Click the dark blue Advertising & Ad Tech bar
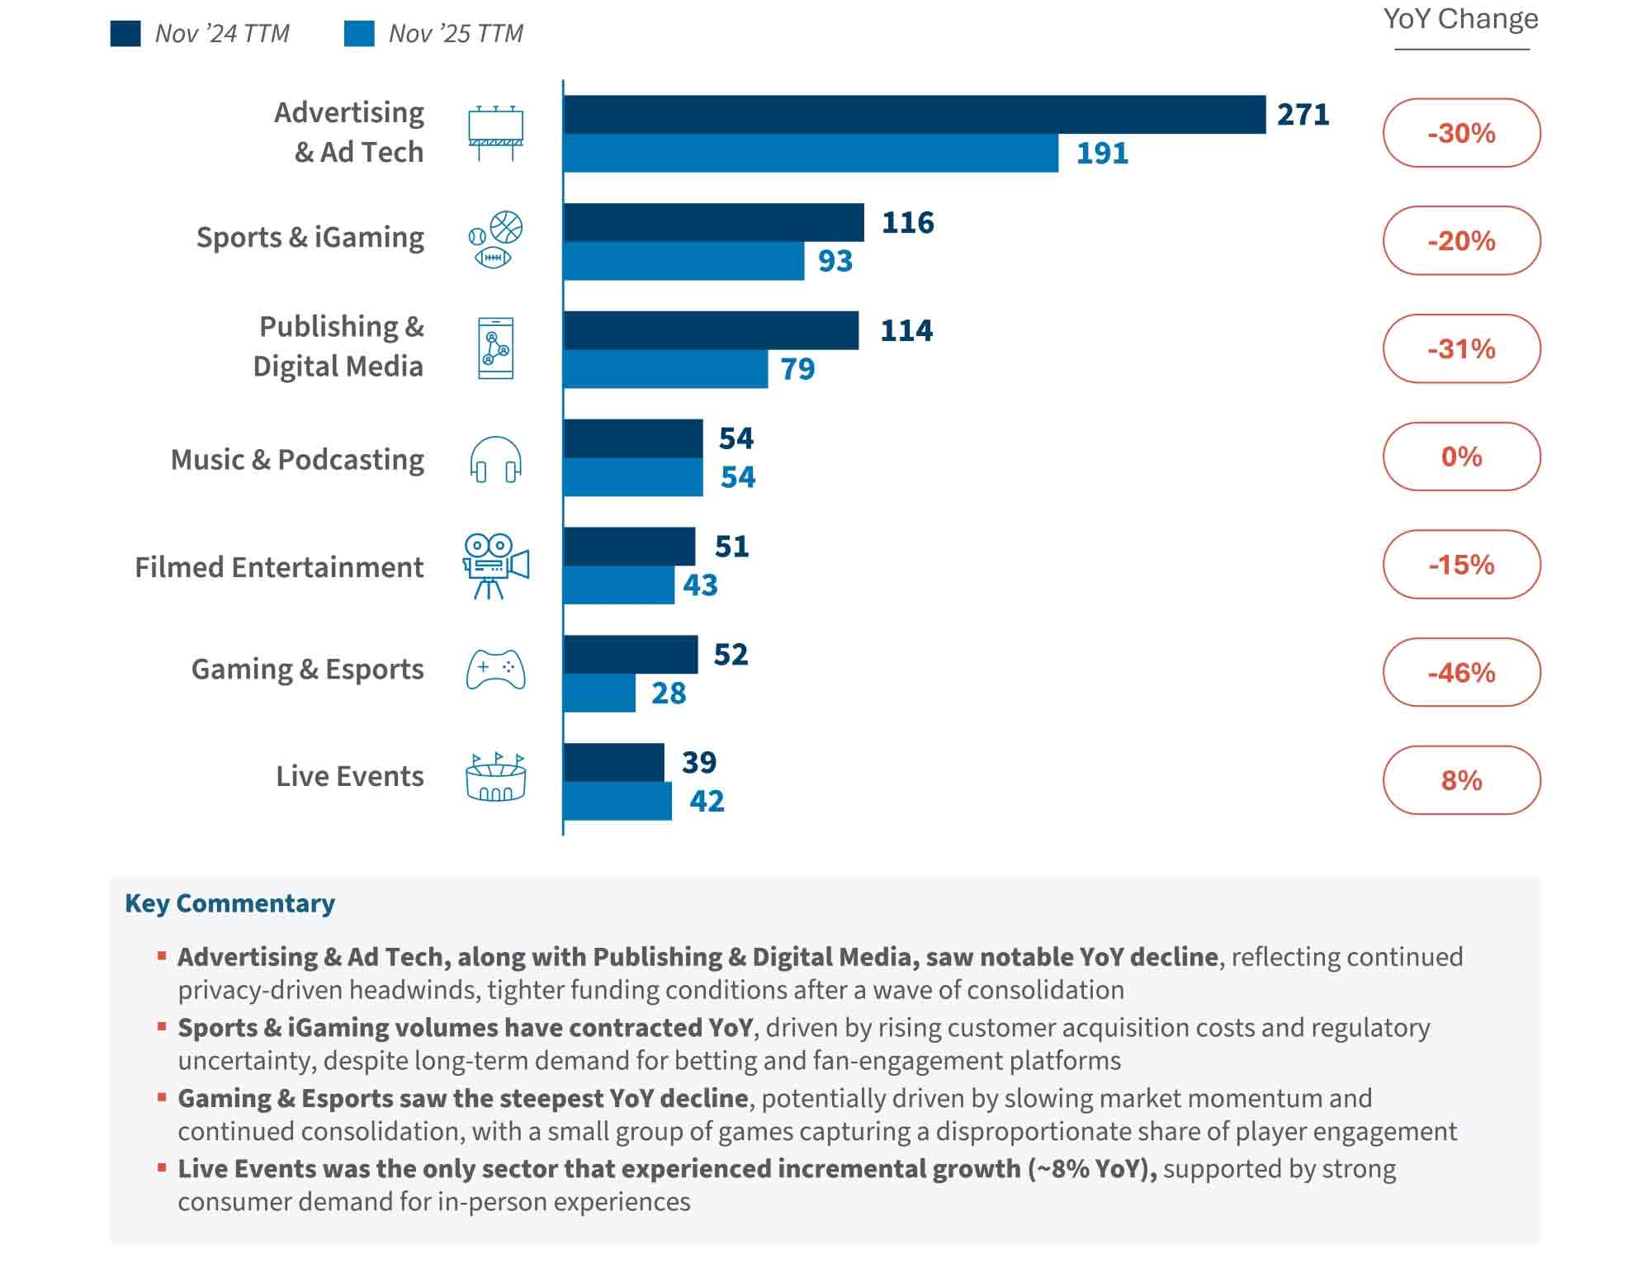[914, 115]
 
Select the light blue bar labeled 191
[811, 154]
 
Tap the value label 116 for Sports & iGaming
[907, 223]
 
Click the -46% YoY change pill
[1461, 672]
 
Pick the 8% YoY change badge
[1461, 780]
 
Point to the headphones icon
[495, 460]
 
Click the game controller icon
[495, 670]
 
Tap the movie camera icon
[494, 566]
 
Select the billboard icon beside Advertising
[495, 133]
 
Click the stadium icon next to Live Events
[495, 778]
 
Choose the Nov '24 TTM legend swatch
[125, 34]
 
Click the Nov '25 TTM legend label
[456, 34]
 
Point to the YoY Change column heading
[1460, 19]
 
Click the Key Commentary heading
[229, 903]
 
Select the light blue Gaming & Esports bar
[599, 693]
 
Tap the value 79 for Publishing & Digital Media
[797, 369]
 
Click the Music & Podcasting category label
[297, 460]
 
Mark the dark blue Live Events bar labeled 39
[613, 762]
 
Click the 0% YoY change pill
[1461, 457]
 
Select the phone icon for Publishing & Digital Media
[495, 348]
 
